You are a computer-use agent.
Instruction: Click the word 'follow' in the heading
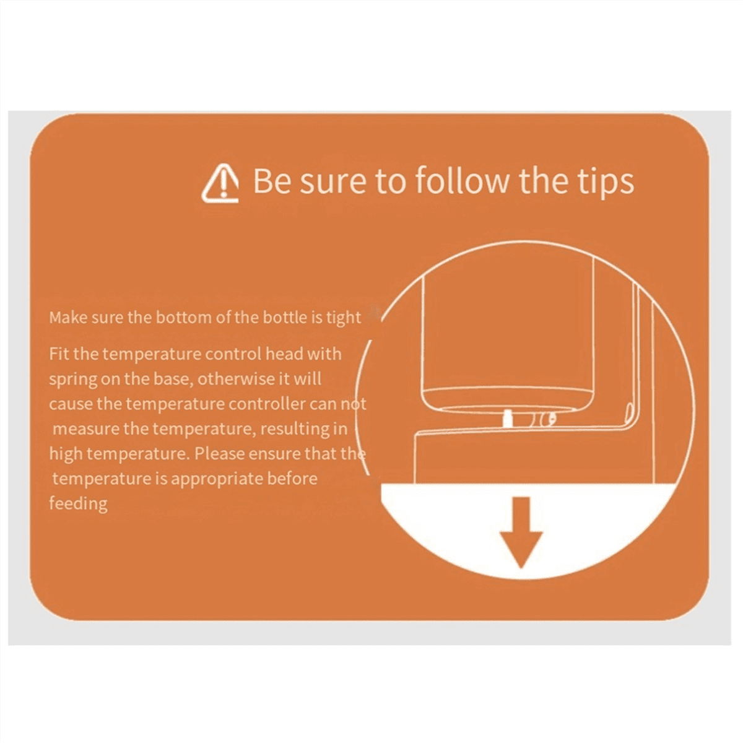point(462,180)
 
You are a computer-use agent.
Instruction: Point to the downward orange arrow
point(521,532)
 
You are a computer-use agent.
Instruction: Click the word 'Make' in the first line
point(68,318)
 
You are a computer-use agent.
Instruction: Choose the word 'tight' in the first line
point(344,318)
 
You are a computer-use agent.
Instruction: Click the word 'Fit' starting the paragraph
point(59,354)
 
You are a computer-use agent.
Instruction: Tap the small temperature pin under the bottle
point(508,419)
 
